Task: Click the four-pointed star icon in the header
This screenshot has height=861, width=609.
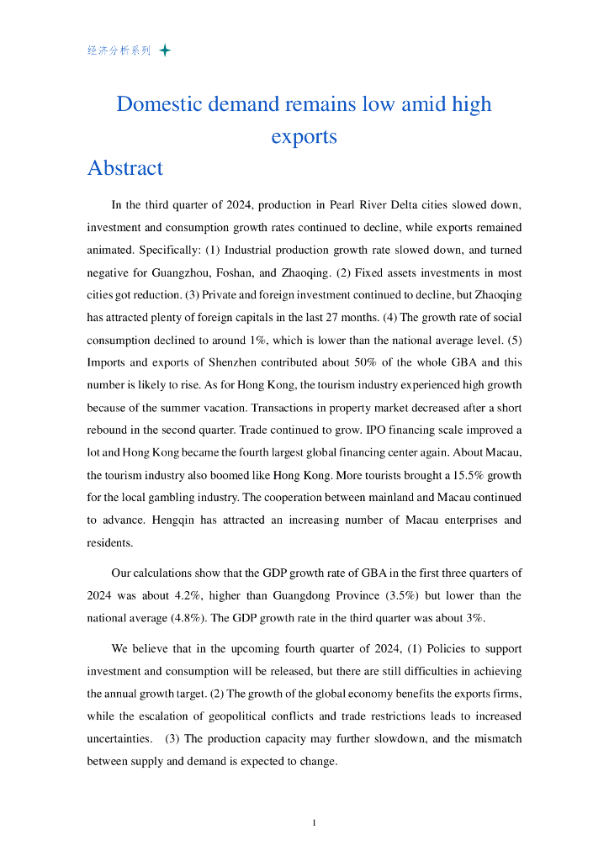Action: [x=165, y=50]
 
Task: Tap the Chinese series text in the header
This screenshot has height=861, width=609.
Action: [x=119, y=50]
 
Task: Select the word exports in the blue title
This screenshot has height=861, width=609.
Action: [x=304, y=136]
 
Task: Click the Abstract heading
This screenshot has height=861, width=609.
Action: [x=125, y=168]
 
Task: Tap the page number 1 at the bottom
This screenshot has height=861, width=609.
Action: [x=313, y=823]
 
